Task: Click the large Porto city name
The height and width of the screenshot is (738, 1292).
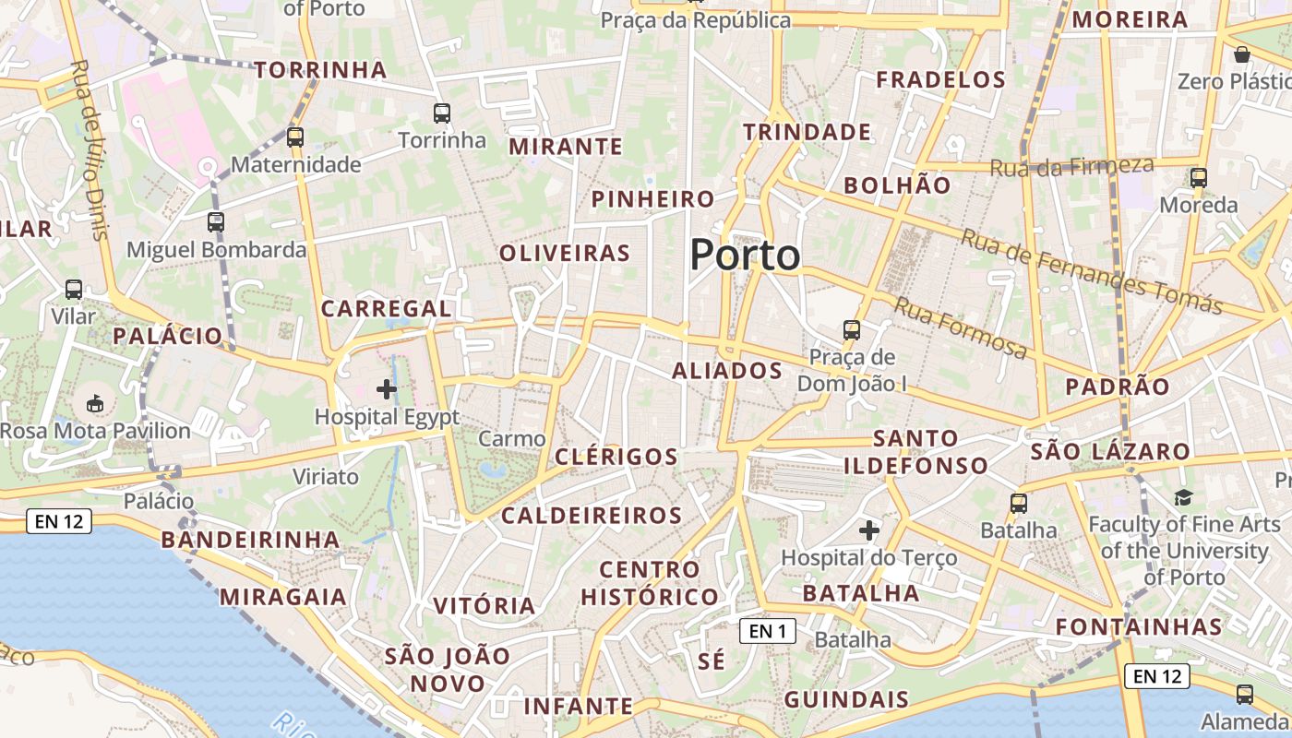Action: [745, 255]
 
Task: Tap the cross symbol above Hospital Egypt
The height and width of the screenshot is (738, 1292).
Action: [387, 389]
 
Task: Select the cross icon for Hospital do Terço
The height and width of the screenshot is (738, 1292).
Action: [868, 530]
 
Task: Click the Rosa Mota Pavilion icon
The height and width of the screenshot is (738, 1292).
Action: [95, 403]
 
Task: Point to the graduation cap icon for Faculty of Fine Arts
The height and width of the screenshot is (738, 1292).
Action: [1183, 498]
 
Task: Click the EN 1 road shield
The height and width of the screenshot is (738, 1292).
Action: [767, 631]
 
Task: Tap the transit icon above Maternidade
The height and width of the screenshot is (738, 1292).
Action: [295, 137]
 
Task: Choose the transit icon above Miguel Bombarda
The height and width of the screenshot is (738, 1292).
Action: [216, 221]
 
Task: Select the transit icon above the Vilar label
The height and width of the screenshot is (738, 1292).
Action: [74, 290]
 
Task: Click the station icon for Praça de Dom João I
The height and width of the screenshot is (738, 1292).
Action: [852, 329]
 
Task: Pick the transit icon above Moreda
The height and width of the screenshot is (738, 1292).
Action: [1199, 178]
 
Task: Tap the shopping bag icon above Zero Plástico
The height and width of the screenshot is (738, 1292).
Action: [1242, 54]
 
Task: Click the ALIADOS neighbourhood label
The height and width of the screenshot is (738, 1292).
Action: [727, 371]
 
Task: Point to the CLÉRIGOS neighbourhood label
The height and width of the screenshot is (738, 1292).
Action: [616, 457]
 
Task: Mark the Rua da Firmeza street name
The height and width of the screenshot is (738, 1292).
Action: [1071, 167]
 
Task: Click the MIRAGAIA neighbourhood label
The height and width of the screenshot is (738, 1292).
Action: [282, 597]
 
